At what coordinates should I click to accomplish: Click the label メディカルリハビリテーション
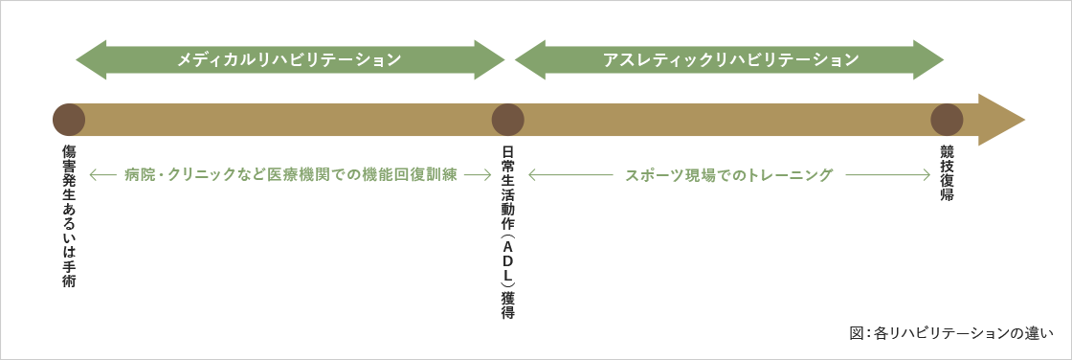(x=289, y=59)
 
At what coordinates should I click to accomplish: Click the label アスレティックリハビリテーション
(x=730, y=59)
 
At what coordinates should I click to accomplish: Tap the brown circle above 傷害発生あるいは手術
(x=69, y=120)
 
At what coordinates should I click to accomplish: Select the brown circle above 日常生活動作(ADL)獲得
(x=507, y=120)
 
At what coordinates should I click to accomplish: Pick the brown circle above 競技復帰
(x=947, y=120)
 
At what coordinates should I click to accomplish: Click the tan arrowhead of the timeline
(x=1001, y=120)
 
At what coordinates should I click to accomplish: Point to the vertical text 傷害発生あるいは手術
(x=69, y=216)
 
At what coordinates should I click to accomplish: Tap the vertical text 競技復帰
(x=947, y=173)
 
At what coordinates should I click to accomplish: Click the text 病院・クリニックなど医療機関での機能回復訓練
(x=290, y=175)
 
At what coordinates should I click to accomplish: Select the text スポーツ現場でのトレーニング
(x=729, y=175)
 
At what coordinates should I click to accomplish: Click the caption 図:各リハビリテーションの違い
(x=950, y=333)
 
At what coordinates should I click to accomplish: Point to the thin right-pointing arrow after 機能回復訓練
(x=478, y=175)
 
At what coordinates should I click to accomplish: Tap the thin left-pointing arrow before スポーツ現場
(x=570, y=175)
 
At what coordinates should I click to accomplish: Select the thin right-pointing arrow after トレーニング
(x=888, y=175)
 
